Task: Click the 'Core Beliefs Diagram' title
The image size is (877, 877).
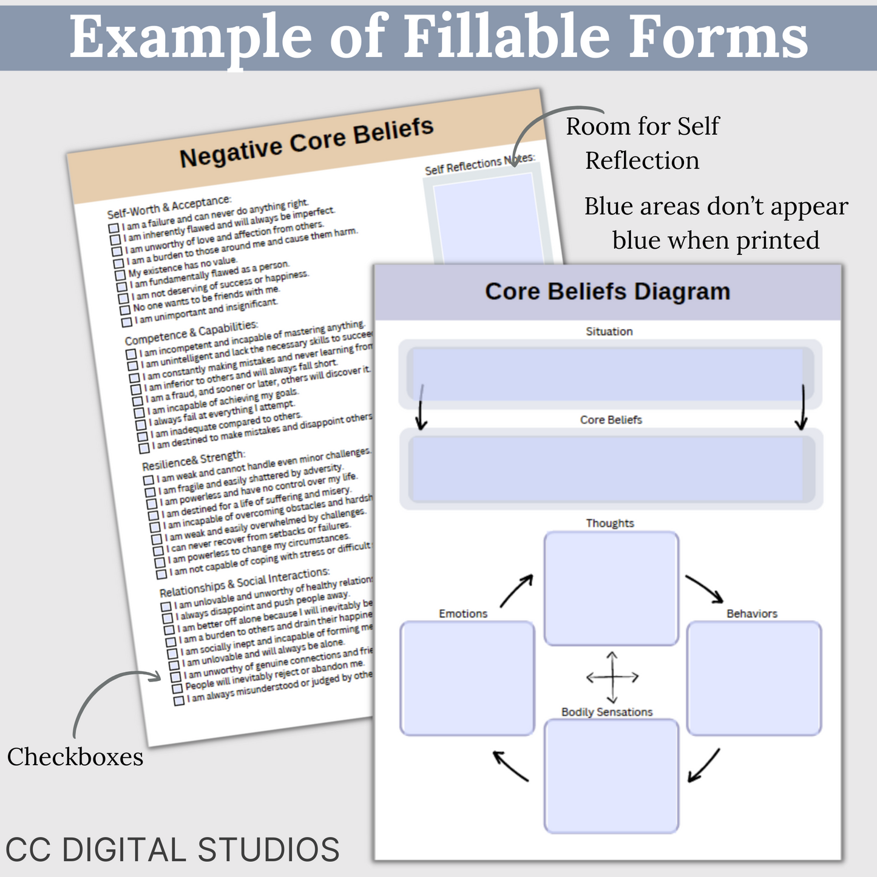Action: (608, 292)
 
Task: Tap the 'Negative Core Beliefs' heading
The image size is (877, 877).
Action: (306, 143)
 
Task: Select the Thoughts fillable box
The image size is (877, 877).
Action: (611, 588)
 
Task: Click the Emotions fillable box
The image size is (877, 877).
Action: (467, 678)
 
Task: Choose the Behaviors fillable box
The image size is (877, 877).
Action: (754, 678)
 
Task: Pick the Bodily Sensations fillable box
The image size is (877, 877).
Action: (611, 776)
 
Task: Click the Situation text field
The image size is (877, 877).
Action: (609, 373)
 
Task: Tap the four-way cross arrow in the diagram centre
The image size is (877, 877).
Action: (612, 677)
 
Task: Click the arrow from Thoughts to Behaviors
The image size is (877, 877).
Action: (704, 589)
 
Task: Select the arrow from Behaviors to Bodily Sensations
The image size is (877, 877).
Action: (703, 765)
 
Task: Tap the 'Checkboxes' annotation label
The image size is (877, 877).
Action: (75, 757)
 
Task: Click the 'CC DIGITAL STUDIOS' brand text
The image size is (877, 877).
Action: (172, 849)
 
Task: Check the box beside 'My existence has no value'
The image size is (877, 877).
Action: (120, 275)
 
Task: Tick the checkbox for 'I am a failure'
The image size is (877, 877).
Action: (113, 228)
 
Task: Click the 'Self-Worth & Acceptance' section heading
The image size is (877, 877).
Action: (169, 207)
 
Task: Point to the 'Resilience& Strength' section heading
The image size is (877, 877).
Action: (194, 460)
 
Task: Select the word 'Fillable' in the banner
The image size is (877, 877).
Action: (506, 37)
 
